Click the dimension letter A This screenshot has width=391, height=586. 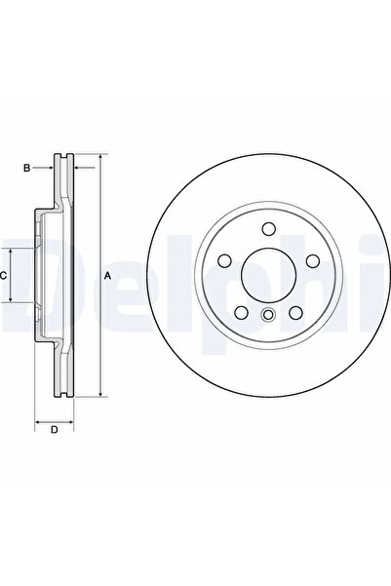pos(108,276)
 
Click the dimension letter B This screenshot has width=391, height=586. pos(27,169)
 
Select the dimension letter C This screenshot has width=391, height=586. pos(5,276)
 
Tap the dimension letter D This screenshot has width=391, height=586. pos(55,429)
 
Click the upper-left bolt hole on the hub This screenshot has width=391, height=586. pos(224,261)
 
